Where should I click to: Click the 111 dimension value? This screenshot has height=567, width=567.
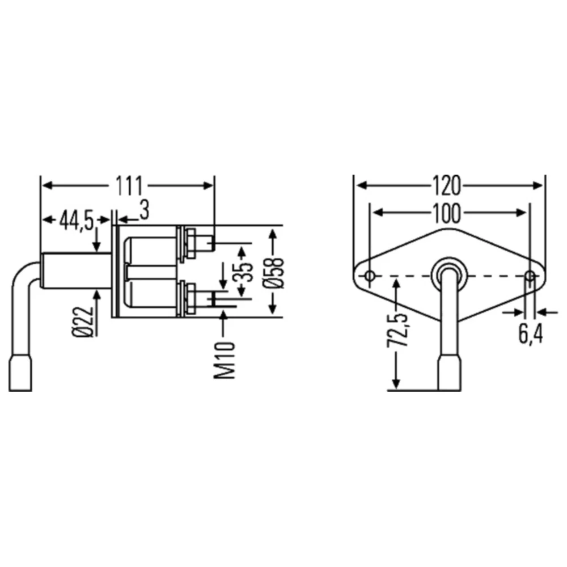click(x=129, y=185)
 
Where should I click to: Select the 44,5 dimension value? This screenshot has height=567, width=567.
click(x=77, y=220)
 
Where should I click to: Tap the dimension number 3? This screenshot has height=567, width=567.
click(x=144, y=211)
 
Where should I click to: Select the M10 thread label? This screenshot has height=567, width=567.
click(x=226, y=360)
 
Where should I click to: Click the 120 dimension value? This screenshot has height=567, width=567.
click(x=447, y=185)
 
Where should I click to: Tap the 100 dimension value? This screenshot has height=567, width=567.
click(x=447, y=213)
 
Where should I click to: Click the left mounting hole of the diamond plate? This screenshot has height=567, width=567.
click(x=370, y=277)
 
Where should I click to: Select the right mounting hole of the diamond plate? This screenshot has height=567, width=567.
click(x=530, y=277)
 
